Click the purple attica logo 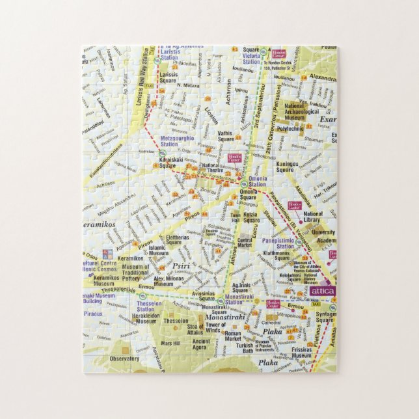(323, 291)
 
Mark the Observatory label (124, 358)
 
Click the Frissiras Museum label (301, 353)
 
